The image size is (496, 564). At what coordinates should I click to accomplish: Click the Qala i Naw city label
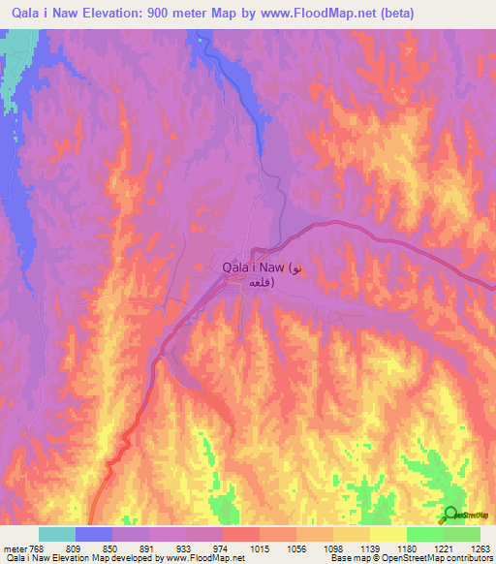click(x=253, y=266)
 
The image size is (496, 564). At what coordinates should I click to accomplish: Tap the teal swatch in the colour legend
click(x=57, y=534)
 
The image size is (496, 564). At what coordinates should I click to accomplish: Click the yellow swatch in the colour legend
click(x=387, y=534)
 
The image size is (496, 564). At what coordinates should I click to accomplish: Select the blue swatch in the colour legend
click(x=94, y=534)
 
